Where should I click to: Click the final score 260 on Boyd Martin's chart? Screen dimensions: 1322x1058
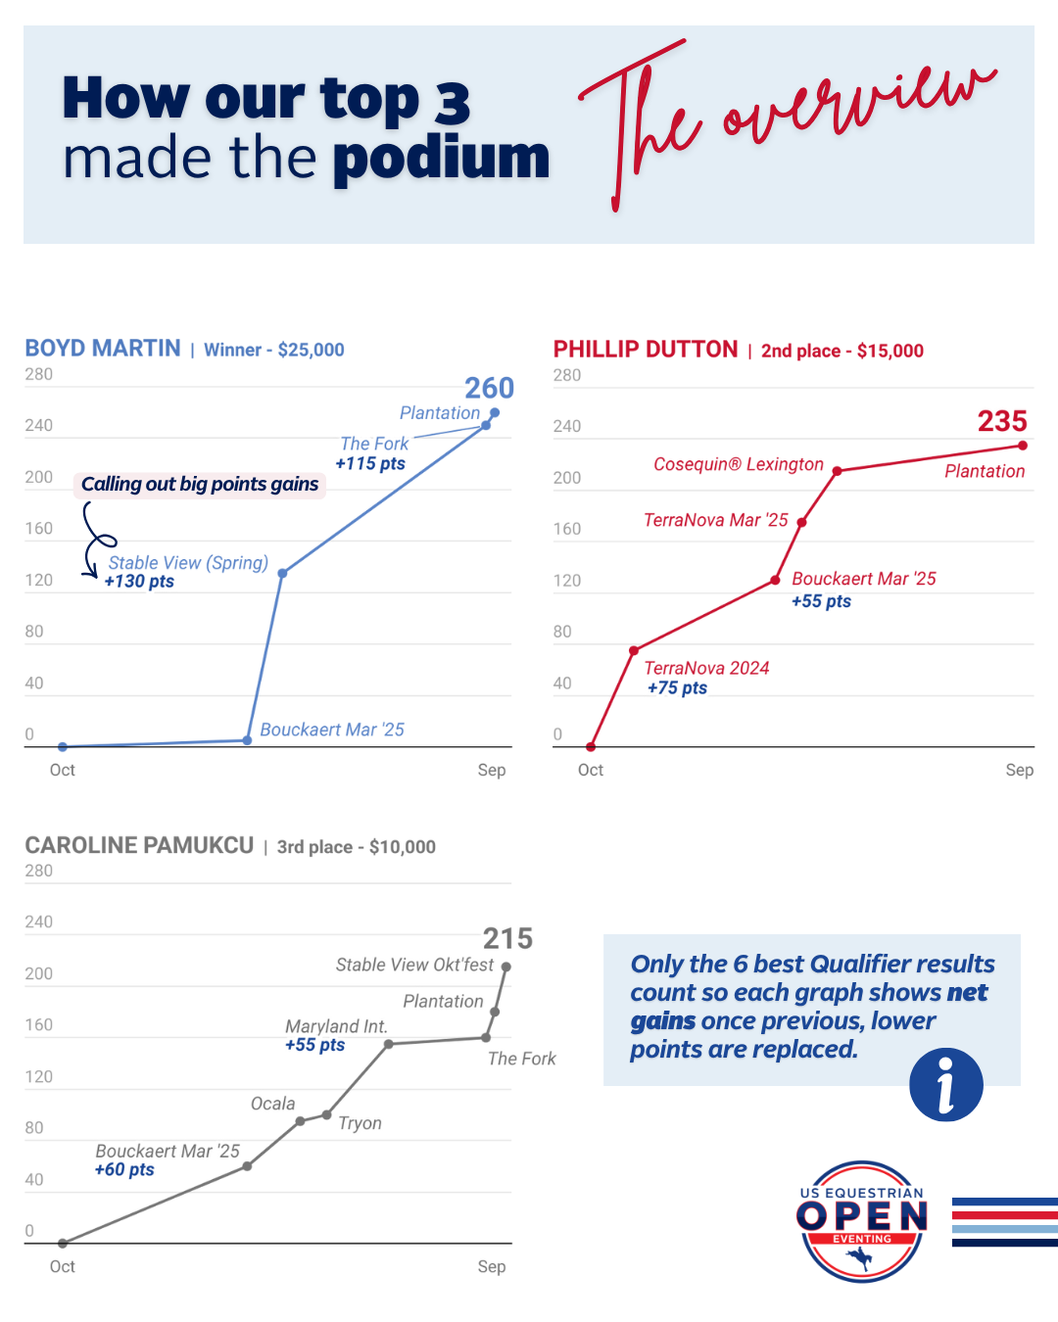coord(489,388)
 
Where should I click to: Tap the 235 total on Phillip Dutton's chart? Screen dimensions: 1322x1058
coord(1002,421)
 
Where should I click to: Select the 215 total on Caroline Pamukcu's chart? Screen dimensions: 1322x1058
coord(507,938)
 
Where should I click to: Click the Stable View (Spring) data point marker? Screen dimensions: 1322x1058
coord(282,573)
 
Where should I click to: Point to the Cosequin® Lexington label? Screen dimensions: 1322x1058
coord(739,464)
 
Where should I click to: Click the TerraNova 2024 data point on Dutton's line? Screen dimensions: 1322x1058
coord(634,650)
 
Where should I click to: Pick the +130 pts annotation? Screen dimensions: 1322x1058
coord(139,582)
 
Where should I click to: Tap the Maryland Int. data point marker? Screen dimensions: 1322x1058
coord(389,1044)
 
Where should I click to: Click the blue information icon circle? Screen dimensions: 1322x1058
coord(945,1084)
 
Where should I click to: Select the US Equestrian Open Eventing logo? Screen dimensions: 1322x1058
coord(862,1221)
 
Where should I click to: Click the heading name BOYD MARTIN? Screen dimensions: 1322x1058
coord(103,349)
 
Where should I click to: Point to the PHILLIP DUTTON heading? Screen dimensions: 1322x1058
coord(646,350)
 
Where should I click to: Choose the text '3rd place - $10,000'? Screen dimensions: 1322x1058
coord(357,847)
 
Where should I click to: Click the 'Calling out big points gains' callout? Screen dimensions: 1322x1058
coord(200,484)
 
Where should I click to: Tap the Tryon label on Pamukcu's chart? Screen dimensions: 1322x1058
coord(360,1123)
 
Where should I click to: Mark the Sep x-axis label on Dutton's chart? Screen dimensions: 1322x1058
coord(1019,770)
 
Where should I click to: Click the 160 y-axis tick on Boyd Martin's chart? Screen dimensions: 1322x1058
coord(39,529)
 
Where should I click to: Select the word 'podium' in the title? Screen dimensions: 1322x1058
coord(441,158)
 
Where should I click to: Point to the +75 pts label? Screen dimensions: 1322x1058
coord(677,688)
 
